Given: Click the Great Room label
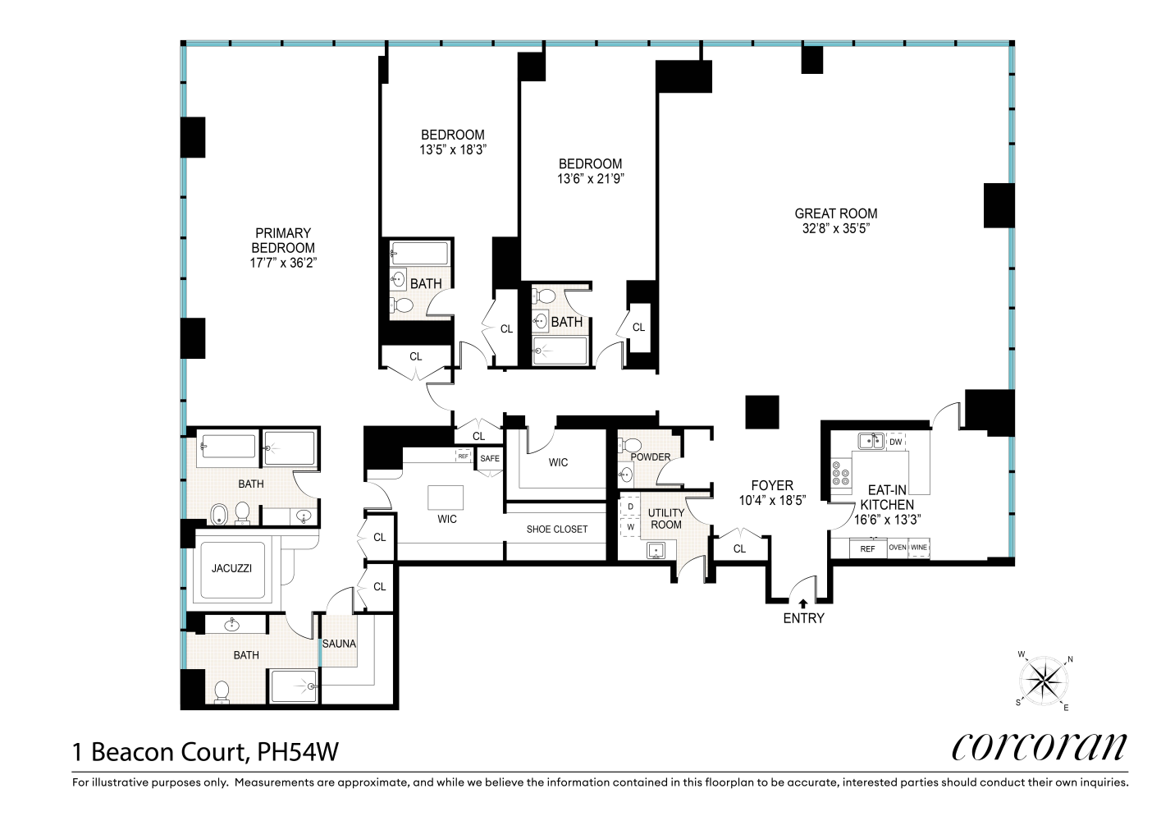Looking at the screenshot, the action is click(x=836, y=213).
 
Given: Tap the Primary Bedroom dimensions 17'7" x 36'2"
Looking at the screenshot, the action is click(x=283, y=263).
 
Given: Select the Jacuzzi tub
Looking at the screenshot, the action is click(x=231, y=570).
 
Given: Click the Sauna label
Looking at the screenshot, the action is click(x=339, y=644).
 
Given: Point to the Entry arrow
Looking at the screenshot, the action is click(x=802, y=603).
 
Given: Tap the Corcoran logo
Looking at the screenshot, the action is click(x=1039, y=747).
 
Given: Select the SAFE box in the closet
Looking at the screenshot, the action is click(x=490, y=458).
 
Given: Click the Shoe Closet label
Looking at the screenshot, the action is click(x=556, y=530).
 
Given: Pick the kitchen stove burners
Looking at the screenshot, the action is click(x=841, y=473).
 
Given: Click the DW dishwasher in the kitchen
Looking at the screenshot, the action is click(x=896, y=442).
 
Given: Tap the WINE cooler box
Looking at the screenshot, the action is click(x=919, y=548).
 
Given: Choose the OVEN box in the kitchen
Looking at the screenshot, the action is click(x=898, y=548).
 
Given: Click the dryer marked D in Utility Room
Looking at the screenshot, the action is click(x=631, y=507).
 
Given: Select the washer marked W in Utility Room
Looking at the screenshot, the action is click(x=631, y=527).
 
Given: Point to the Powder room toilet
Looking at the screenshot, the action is click(x=628, y=445).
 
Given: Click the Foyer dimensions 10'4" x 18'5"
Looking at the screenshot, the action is click(x=772, y=501).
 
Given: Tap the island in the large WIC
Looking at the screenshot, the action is click(x=446, y=498).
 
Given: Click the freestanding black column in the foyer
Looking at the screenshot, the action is click(x=762, y=412).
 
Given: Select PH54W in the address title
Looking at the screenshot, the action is click(x=298, y=752).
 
